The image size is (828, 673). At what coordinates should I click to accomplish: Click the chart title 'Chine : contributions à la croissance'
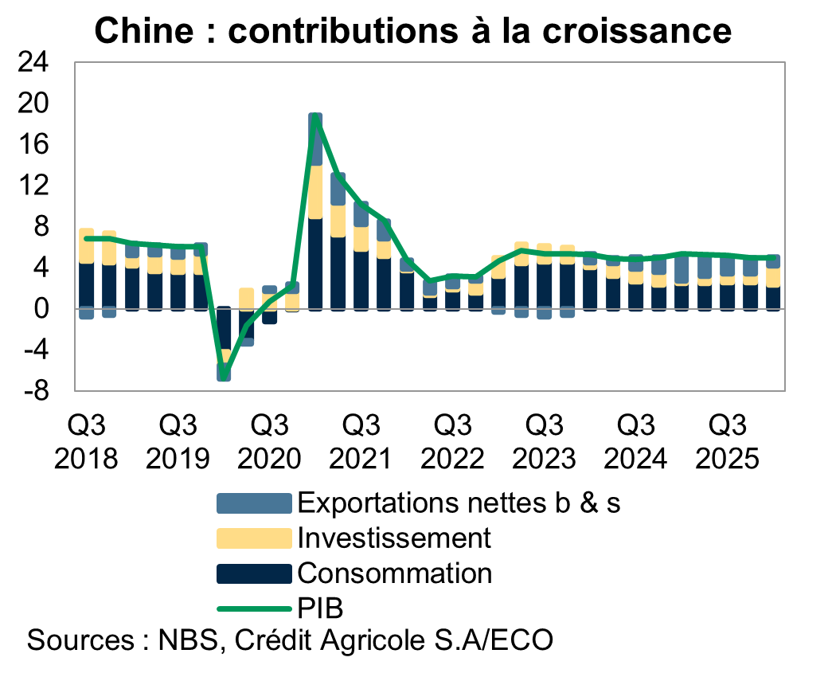[x=413, y=30]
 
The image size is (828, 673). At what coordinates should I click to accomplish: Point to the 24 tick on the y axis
[x=34, y=63]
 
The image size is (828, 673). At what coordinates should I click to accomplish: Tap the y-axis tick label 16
[x=34, y=145]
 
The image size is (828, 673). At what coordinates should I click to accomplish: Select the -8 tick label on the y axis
[x=34, y=391]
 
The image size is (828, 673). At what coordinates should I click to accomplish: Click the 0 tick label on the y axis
[x=41, y=308]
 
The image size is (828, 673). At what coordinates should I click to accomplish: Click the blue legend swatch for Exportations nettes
[x=254, y=503]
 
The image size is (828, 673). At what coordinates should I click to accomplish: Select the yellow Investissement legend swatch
[x=254, y=538]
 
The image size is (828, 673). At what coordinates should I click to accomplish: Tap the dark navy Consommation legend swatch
[x=254, y=573]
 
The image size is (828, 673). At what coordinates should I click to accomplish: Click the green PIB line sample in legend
[x=254, y=609]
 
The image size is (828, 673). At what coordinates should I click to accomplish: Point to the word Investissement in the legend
[x=393, y=538]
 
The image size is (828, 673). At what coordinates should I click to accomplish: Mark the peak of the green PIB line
[x=315, y=118]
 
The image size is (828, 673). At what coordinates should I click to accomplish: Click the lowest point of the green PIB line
[x=225, y=374]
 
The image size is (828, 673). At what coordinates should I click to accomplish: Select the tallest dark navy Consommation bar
[x=315, y=263]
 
